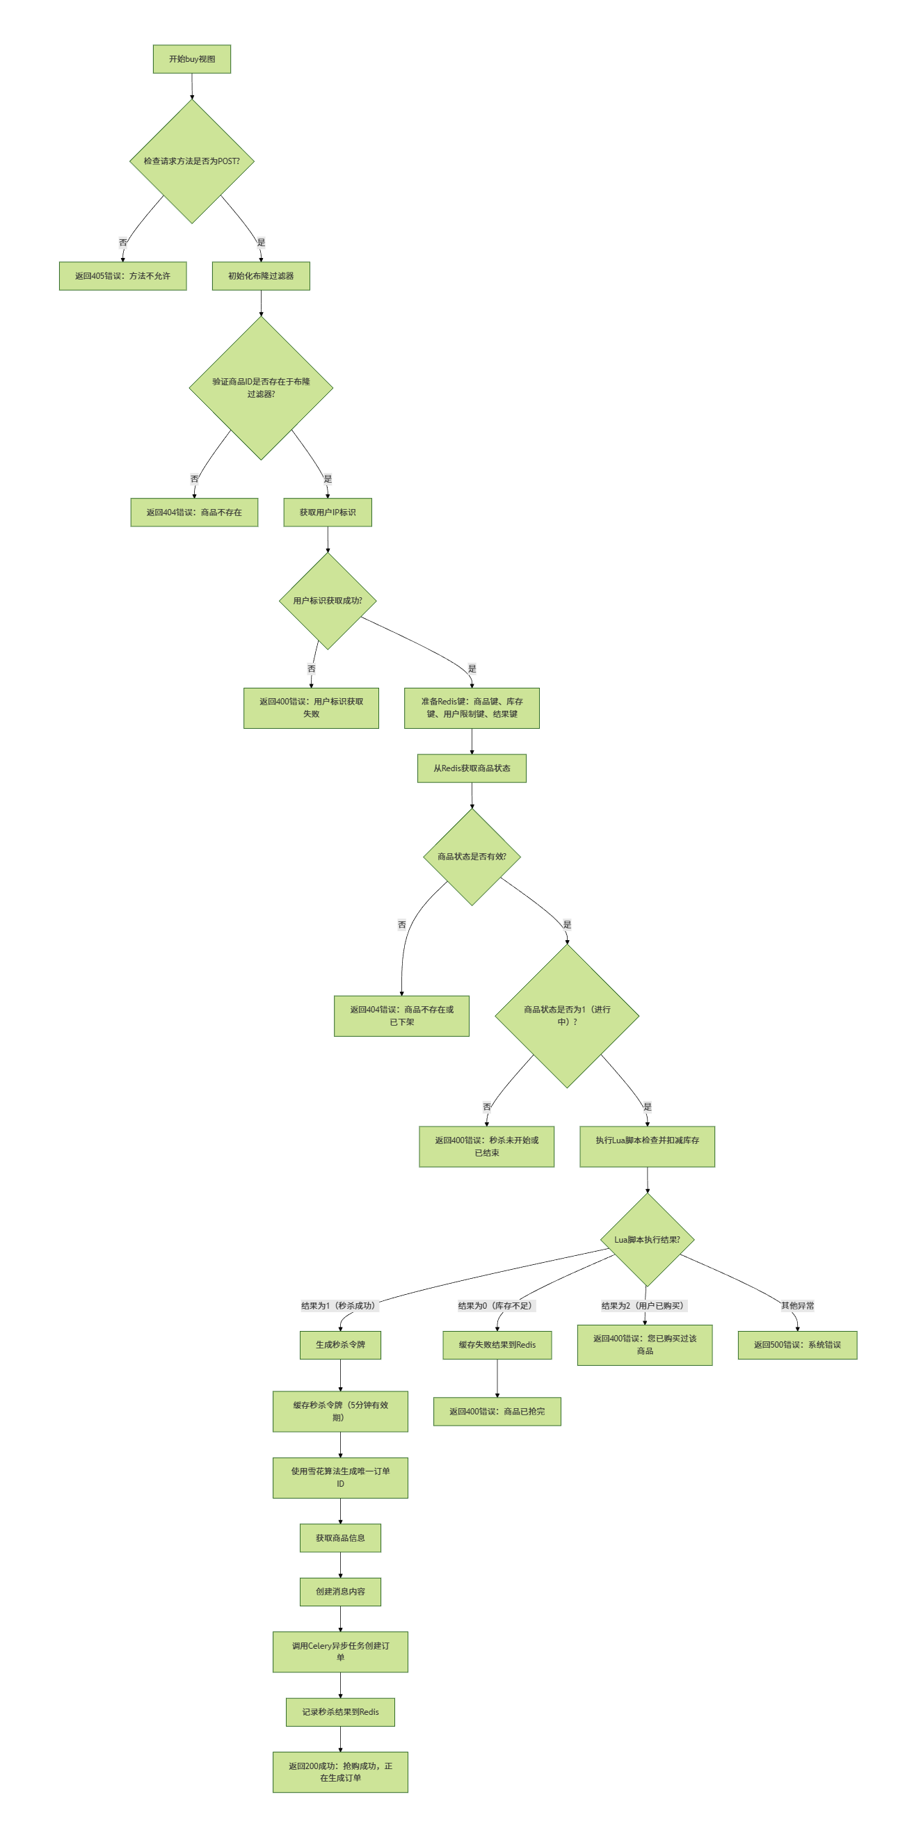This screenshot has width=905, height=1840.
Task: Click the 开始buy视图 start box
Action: tap(191, 59)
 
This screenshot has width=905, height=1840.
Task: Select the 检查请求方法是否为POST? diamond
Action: tap(191, 161)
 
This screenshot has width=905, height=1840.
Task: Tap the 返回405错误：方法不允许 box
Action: tap(122, 275)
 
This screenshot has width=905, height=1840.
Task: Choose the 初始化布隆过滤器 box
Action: tap(261, 275)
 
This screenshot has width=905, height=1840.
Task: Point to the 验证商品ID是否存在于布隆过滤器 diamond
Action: tap(261, 388)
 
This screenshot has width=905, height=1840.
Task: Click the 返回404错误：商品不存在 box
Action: tap(193, 512)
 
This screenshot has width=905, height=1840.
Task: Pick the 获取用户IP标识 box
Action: tap(327, 512)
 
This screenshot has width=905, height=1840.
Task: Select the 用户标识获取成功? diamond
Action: tap(327, 601)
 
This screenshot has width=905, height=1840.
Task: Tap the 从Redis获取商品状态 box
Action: tap(472, 768)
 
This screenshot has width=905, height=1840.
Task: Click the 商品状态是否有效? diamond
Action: tap(472, 857)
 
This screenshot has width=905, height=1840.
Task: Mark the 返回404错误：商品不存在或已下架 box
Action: tap(401, 1016)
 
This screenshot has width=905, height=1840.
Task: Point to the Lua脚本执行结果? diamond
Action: tap(647, 1239)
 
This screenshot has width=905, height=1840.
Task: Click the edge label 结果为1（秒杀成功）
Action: tap(338, 1306)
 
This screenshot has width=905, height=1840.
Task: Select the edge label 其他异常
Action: tap(797, 1306)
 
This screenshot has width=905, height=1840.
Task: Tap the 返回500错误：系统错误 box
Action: tap(797, 1345)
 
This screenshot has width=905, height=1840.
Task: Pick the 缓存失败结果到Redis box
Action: tap(497, 1345)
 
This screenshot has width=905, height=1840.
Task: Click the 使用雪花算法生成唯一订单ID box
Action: tap(340, 1478)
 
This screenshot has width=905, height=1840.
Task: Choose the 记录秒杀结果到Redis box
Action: tap(340, 1712)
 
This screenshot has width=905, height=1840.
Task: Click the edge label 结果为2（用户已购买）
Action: tap(643, 1306)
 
